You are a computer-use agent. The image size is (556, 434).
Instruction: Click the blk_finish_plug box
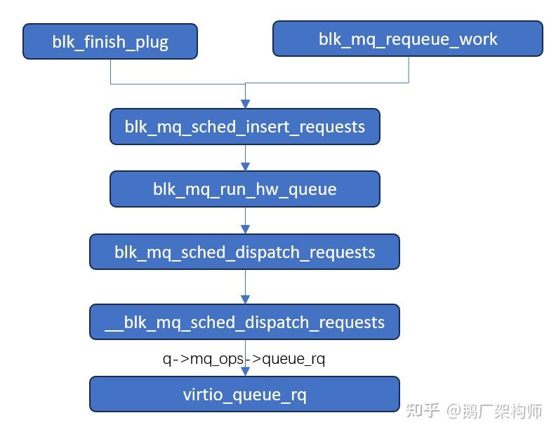pos(110,41)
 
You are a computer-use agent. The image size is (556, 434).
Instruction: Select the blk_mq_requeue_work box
pos(407,39)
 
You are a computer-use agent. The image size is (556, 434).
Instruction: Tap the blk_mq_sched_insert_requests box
pos(244,127)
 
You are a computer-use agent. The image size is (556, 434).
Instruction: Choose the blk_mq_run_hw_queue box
pos(244,189)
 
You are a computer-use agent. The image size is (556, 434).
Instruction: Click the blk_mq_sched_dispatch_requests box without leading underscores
pos(244,252)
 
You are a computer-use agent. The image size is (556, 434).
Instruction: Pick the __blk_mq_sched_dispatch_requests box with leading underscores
pos(244,323)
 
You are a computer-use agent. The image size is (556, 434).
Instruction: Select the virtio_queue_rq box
pos(244,394)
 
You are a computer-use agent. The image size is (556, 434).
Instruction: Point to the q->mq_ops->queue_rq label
pos(244,359)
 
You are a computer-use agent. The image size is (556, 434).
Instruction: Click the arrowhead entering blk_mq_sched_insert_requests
pos(245,104)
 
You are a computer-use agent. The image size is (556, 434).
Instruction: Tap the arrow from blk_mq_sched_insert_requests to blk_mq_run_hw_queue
pos(245,158)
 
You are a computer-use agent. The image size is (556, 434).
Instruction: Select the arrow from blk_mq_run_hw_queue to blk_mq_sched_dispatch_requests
pos(245,221)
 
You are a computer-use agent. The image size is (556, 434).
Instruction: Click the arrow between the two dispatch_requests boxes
pos(245,287)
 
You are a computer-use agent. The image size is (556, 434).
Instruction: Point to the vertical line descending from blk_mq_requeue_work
pos(409,69)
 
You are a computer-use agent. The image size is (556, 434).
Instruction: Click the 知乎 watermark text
pos(423,410)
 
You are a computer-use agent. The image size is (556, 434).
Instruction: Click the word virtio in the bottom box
pos(203,394)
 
